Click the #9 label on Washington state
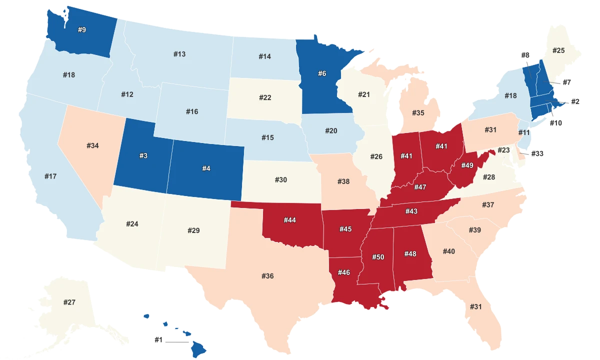coord(82,30)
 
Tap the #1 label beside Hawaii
coord(158,339)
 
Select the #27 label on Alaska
coord(69,302)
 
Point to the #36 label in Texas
coord(267,276)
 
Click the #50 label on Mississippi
coord(378,256)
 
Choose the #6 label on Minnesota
coord(322,73)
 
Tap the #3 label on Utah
coord(143,156)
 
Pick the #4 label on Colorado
coord(206,168)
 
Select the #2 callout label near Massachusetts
coord(574,101)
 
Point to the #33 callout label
coord(536,153)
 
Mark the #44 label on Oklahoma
coord(290,220)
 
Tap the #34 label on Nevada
coord(92,145)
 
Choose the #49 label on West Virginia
coord(467,165)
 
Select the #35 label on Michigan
coord(418,112)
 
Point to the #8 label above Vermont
coord(525,55)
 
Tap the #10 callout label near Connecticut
coord(555,122)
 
